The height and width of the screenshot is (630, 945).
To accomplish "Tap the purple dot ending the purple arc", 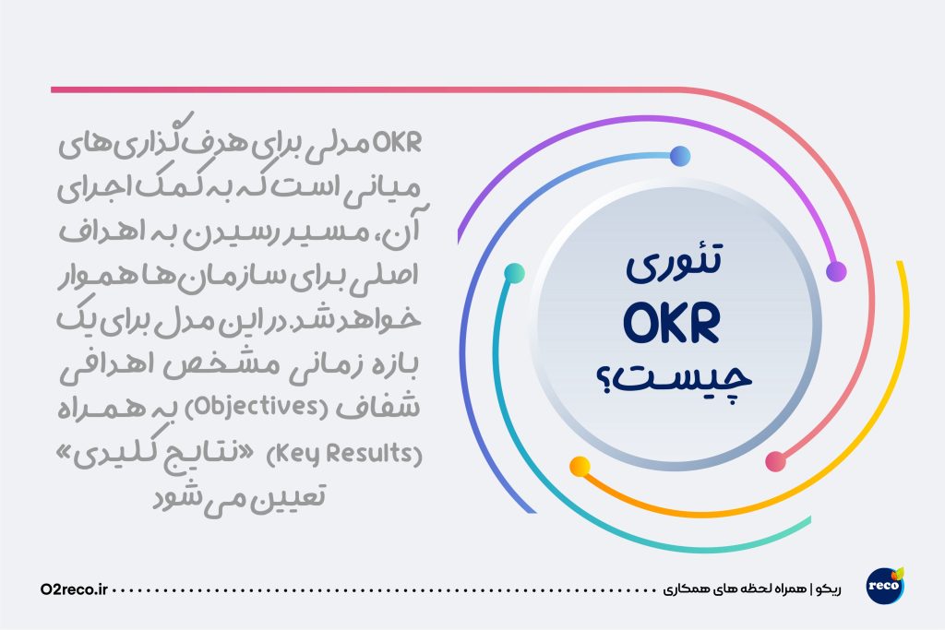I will pos(836,271).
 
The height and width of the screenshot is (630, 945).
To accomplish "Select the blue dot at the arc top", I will pos(680,156).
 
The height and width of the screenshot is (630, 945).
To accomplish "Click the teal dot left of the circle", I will pos(514,273).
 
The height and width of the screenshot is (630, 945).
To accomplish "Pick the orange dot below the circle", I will pos(580,467).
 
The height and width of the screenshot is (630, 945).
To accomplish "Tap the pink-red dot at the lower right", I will pos(775,461).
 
